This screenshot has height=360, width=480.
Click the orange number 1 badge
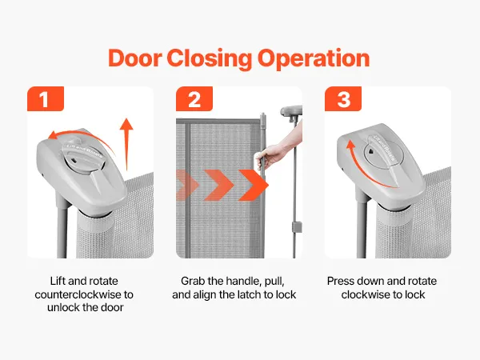46,98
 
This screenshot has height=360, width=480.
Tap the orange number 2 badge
194,98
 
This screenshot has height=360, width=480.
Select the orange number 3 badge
343,98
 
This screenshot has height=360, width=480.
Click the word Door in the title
134,58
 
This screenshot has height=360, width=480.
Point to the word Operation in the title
314,58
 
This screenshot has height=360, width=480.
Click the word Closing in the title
210,58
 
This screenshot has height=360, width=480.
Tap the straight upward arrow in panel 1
126,144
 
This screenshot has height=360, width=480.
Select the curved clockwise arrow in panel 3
364,171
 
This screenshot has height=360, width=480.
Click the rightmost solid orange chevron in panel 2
254,186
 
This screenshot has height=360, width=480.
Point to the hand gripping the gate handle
271,156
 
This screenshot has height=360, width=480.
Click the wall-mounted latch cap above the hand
291,111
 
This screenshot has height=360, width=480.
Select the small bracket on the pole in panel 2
296,227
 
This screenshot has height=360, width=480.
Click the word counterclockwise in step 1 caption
78,294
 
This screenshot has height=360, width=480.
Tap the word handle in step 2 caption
242,281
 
